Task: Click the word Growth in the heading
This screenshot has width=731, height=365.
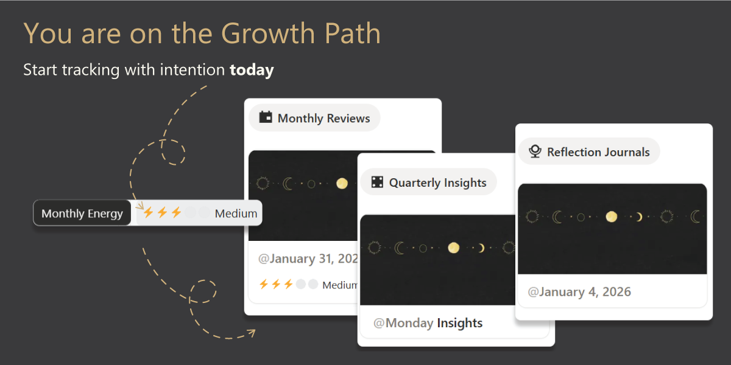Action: (267, 33)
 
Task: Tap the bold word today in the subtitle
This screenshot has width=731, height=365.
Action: (252, 70)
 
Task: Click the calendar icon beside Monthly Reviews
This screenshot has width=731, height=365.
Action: (266, 117)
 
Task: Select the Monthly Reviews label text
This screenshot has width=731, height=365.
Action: (323, 118)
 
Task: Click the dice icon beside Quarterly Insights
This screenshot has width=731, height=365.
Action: (377, 182)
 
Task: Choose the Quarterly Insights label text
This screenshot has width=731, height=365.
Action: (437, 183)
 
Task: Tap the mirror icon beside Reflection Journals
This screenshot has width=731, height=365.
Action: (535, 151)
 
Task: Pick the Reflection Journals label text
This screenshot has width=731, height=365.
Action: (598, 152)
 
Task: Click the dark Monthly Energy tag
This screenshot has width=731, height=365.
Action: (82, 213)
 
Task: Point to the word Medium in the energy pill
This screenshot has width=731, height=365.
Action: (236, 214)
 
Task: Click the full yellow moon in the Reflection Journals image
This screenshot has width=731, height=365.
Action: (611, 217)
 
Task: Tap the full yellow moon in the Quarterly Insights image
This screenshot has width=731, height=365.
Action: (453, 248)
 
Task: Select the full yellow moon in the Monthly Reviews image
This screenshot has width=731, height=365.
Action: (342, 184)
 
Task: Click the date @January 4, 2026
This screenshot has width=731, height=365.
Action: (579, 292)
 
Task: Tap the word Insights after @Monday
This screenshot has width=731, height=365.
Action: (459, 323)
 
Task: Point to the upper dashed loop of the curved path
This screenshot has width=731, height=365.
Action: (173, 152)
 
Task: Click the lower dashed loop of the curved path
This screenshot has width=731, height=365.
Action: (202, 291)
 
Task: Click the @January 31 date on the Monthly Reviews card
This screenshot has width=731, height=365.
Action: (308, 259)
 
